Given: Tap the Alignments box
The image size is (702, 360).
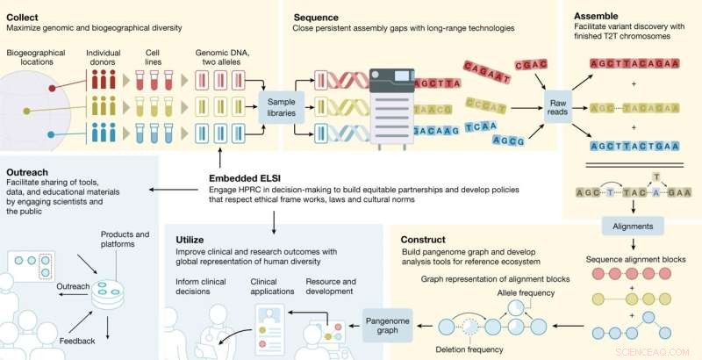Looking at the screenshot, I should point(631,225).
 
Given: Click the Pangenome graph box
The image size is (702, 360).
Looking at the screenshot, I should point(387,326).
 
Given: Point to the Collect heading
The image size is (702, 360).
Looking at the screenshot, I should point(25,16).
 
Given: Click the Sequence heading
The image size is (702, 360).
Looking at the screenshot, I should point(317,16).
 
